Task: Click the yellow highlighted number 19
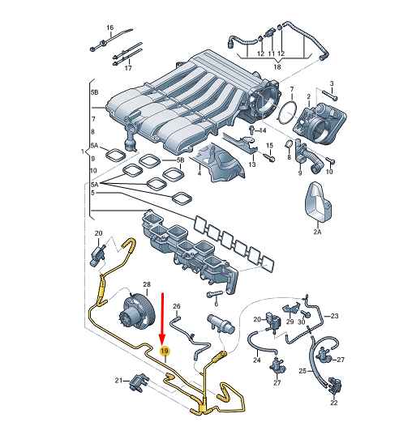click(x=165, y=351)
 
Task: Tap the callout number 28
click(x=147, y=284)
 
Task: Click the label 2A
click(x=317, y=232)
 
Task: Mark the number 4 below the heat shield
click(x=199, y=173)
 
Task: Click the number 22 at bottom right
click(x=333, y=402)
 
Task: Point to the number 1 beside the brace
click(x=83, y=151)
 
